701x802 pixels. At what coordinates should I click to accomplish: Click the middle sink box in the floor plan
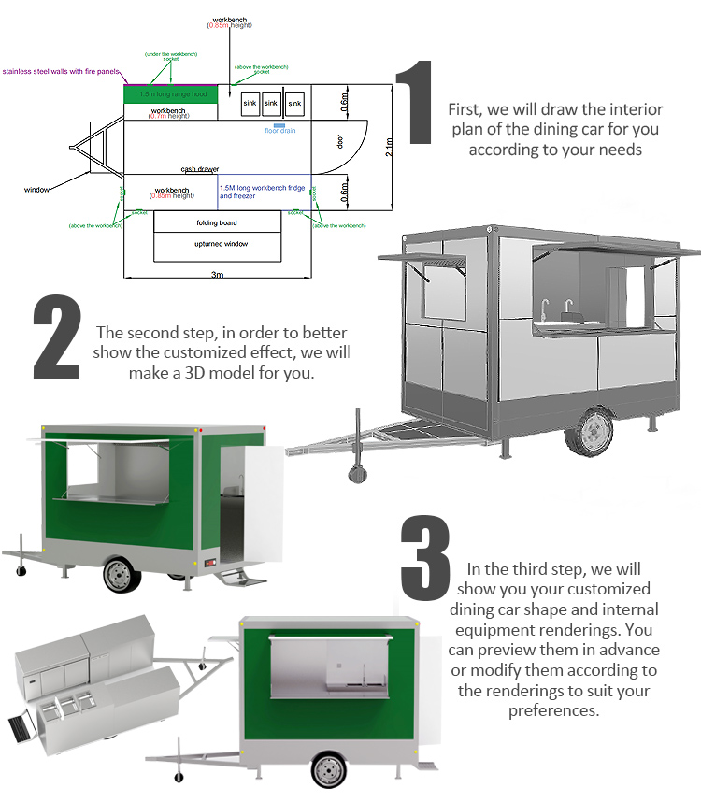[271, 102]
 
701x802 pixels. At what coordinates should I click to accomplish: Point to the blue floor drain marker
[279, 124]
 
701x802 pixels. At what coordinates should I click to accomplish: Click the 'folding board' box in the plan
[217, 222]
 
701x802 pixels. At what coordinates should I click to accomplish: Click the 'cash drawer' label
[200, 169]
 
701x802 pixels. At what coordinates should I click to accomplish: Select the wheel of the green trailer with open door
[121, 574]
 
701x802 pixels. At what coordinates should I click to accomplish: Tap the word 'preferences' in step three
[555, 710]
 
